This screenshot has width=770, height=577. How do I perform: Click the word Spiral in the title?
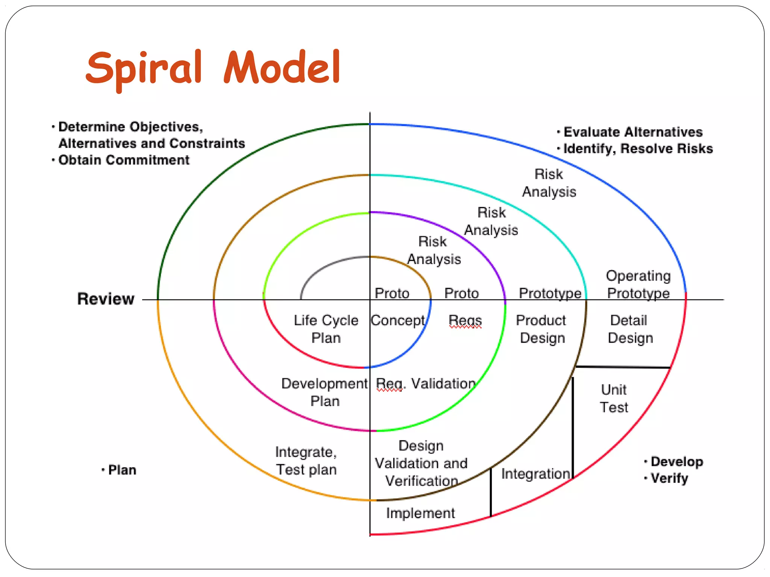click(x=144, y=68)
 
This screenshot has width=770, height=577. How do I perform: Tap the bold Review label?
click(x=106, y=299)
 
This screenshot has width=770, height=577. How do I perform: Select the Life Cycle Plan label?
click(x=326, y=329)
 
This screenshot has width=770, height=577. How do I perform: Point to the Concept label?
click(x=398, y=320)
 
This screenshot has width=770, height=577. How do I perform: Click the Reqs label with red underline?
click(x=465, y=320)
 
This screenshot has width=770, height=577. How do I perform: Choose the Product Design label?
click(x=541, y=329)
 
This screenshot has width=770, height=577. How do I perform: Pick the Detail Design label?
click(x=630, y=329)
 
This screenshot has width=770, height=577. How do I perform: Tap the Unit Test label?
click(x=614, y=399)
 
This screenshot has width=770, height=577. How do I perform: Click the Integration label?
click(x=535, y=474)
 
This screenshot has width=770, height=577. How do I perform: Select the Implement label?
click(x=420, y=513)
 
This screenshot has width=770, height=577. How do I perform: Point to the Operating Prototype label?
click(x=638, y=284)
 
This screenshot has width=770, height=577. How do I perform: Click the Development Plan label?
click(x=324, y=392)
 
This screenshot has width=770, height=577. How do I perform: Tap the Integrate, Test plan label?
click(x=306, y=461)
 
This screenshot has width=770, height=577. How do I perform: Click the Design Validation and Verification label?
click(x=421, y=463)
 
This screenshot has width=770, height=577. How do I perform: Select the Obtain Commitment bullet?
click(x=124, y=160)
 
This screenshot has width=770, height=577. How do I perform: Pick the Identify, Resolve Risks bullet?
click(x=638, y=149)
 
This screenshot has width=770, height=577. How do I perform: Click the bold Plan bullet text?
click(x=122, y=470)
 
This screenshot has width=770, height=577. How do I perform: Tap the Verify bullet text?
click(x=669, y=478)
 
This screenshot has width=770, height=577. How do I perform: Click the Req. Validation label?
click(x=426, y=384)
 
